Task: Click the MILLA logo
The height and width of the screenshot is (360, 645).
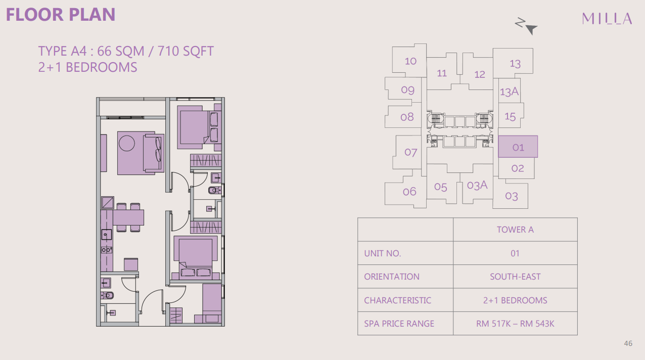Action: (607, 19)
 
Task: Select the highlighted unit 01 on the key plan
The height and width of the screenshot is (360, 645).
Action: (518, 147)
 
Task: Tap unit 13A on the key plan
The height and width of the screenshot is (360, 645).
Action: (509, 92)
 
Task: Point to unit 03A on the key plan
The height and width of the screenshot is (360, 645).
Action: (477, 186)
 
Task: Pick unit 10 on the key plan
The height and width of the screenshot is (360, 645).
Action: (410, 61)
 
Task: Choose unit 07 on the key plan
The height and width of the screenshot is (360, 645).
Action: (410, 152)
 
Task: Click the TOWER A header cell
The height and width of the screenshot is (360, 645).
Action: (515, 230)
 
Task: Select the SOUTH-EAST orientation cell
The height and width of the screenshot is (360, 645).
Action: (515, 277)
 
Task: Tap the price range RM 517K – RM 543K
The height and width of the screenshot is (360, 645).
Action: (515, 324)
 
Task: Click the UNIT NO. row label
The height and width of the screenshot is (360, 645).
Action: (382, 253)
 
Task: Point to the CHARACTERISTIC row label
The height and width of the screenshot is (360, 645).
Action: (397, 300)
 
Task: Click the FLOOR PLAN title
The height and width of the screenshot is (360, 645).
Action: (61, 14)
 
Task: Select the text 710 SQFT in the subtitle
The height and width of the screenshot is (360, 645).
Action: (186, 51)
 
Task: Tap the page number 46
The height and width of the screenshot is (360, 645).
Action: (628, 343)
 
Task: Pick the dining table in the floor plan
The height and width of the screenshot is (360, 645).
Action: (128, 217)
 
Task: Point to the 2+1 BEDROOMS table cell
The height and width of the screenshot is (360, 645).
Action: (515, 300)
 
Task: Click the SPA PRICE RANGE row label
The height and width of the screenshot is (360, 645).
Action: (399, 324)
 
